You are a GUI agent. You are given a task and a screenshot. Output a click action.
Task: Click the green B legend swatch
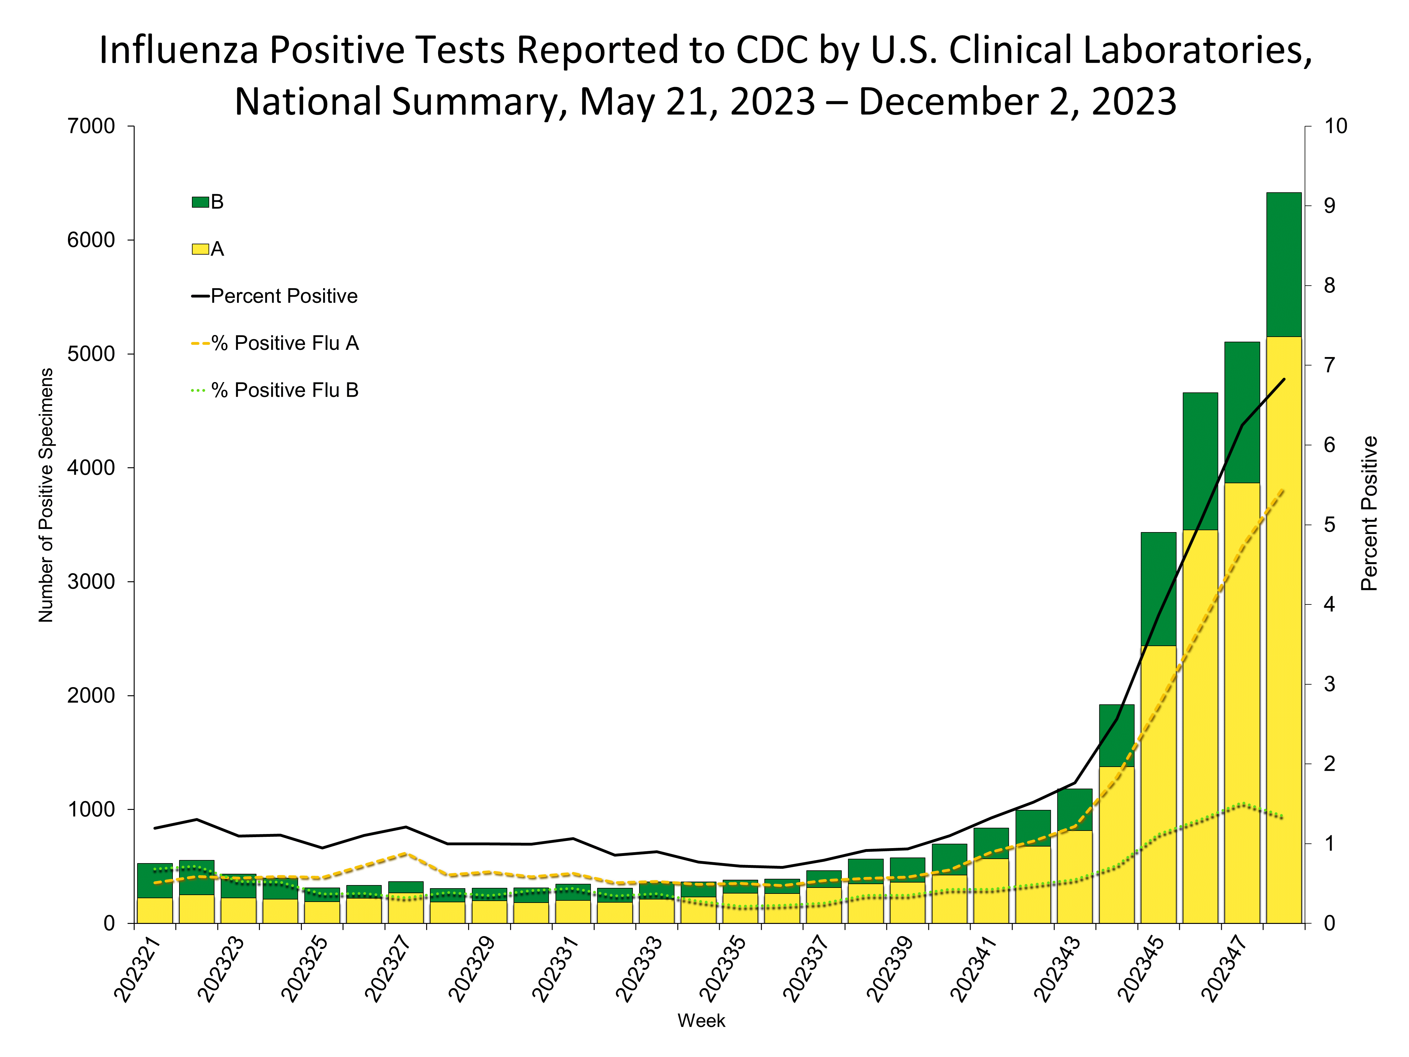pyautogui.click(x=200, y=202)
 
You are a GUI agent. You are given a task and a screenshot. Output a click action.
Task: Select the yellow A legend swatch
pyautogui.click(x=200, y=249)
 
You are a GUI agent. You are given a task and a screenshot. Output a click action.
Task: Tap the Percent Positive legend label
pyautogui.click(x=284, y=296)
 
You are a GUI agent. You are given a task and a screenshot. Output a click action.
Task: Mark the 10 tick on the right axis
pyautogui.click(x=1336, y=126)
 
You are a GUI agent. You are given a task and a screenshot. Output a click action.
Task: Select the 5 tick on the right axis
pyautogui.click(x=1329, y=525)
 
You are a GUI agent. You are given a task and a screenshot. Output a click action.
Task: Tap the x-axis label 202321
pyautogui.click(x=137, y=968)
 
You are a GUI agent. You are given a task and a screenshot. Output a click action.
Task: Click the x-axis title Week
pyautogui.click(x=701, y=1021)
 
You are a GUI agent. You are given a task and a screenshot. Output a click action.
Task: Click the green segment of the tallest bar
pyautogui.click(x=1283, y=264)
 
